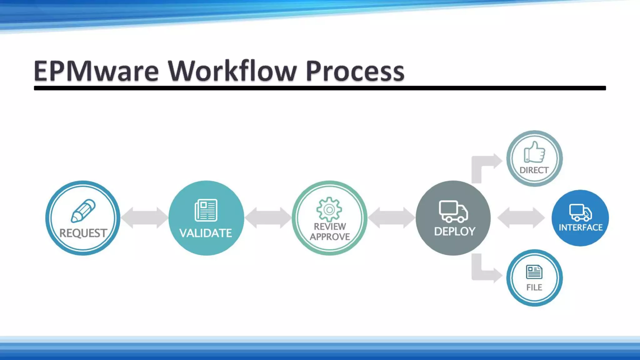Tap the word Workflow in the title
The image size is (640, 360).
(x=232, y=71)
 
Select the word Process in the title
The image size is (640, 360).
(x=355, y=71)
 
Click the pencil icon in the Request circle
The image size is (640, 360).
(x=83, y=211)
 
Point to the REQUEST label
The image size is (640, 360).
(x=83, y=233)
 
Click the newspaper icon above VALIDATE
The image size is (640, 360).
(x=206, y=210)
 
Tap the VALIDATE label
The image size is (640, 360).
(x=206, y=233)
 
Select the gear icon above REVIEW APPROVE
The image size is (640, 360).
(x=329, y=209)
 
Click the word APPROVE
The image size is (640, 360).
(x=330, y=237)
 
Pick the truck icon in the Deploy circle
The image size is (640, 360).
(x=453, y=211)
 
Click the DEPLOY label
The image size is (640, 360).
(x=455, y=232)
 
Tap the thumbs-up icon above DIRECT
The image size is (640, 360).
(x=534, y=152)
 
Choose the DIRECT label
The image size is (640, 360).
(x=534, y=170)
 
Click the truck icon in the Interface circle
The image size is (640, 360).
(x=580, y=212)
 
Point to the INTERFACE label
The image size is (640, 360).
(x=581, y=227)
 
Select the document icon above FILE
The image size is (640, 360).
(x=534, y=272)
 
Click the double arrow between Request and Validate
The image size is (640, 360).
(x=144, y=218)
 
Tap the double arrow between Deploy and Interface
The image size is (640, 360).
(x=521, y=218)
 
